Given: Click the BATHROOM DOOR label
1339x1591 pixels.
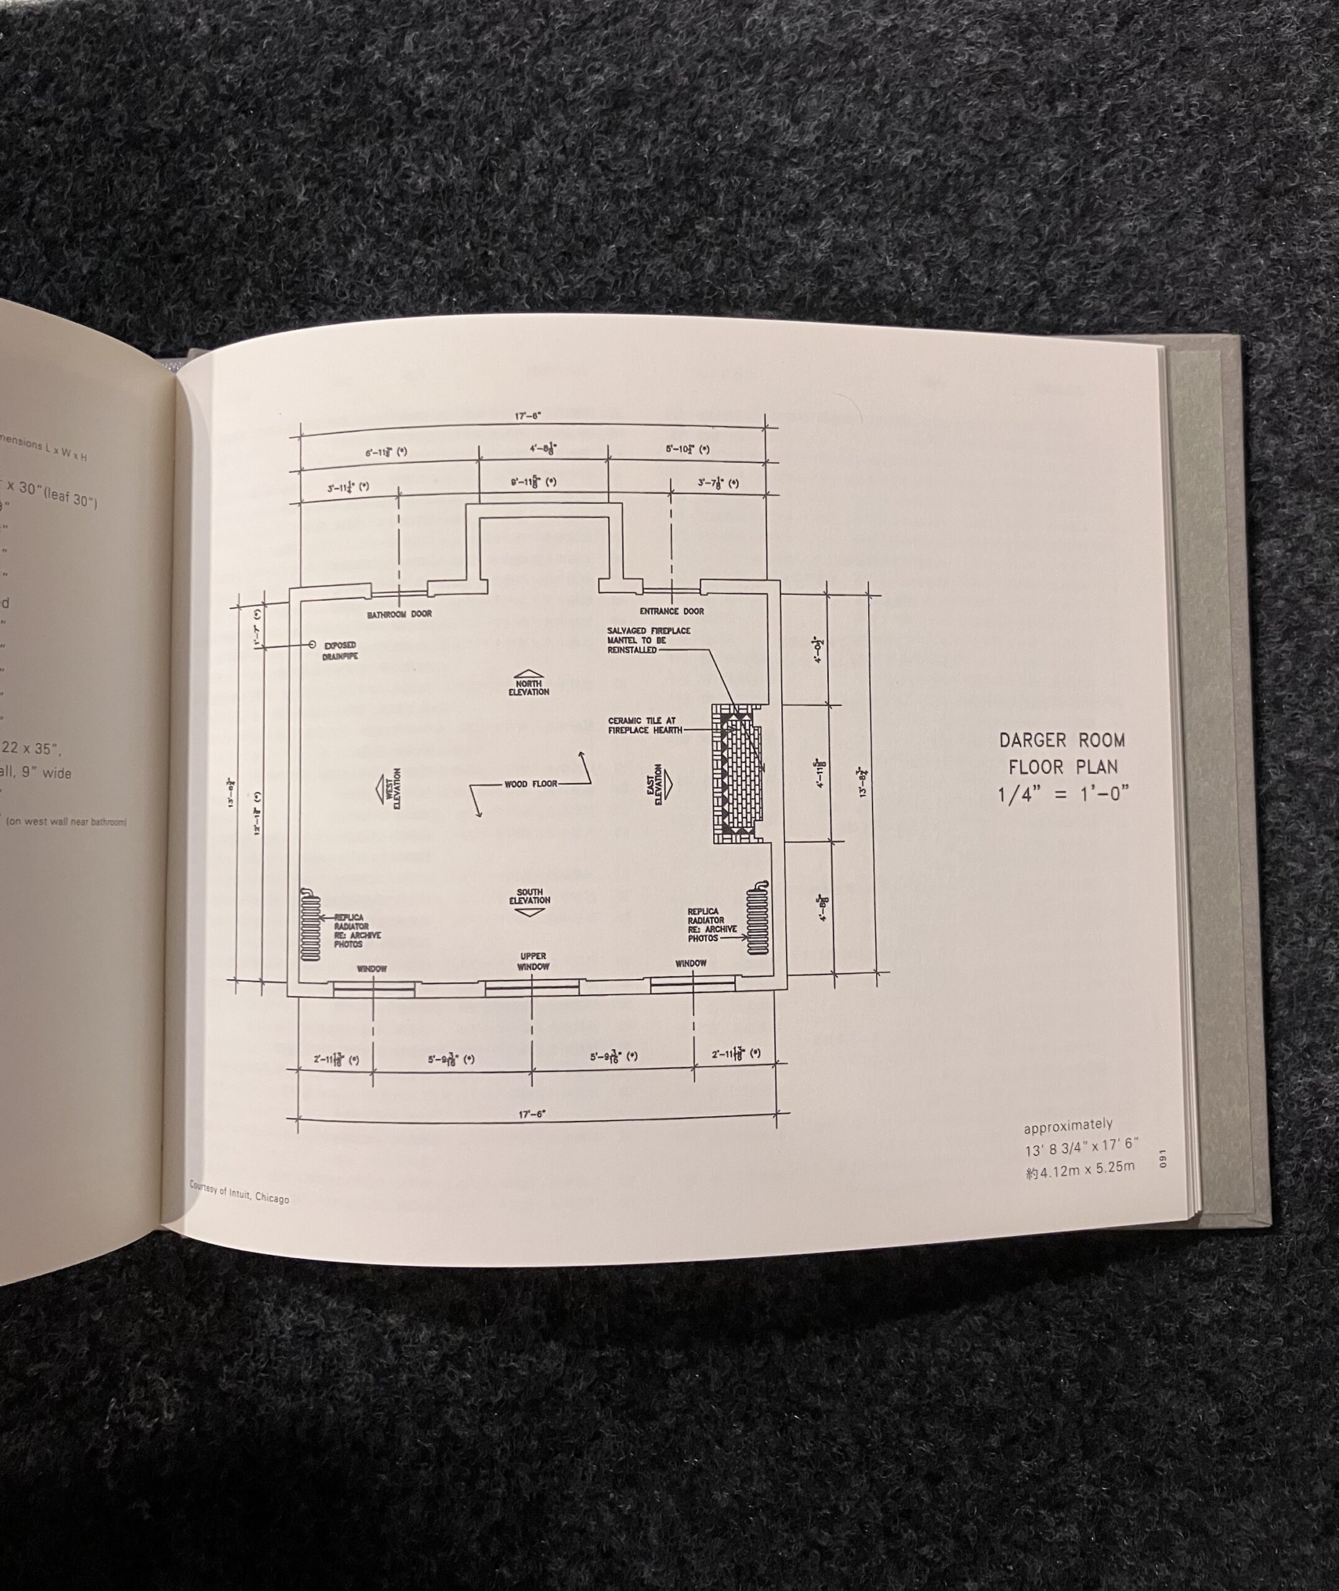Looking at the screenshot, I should (399, 613).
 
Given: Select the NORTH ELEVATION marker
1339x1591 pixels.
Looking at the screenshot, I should (529, 683).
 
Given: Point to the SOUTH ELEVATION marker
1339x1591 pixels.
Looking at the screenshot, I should (530, 901).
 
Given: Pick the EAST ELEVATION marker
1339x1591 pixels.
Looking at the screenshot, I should (660, 784).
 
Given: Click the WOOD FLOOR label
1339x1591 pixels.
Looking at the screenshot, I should (530, 784).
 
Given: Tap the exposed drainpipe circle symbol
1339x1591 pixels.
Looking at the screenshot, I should (312, 644).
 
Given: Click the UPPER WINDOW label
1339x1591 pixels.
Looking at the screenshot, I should (533, 961).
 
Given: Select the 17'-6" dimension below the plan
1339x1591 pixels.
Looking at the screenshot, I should (532, 1114).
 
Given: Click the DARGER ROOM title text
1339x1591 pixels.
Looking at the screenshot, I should (1062, 740).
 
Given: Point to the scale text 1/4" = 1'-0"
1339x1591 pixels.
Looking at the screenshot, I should (1063, 794).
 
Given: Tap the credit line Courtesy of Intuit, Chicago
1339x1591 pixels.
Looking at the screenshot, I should (239, 1193).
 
